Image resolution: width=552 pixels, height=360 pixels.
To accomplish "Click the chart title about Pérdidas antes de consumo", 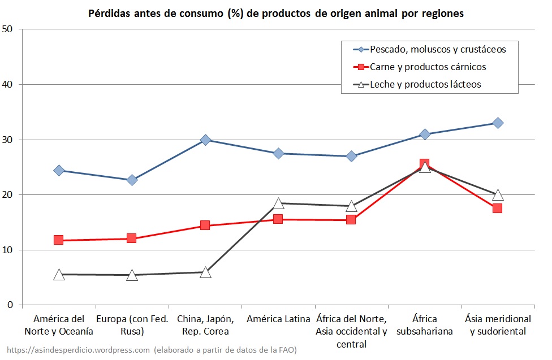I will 276,14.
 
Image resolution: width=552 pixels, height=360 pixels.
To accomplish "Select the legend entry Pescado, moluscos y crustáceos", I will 437,49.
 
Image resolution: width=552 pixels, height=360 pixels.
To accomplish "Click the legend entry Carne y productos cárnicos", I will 428,67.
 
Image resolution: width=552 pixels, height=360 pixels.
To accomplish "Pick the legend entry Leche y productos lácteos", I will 425,85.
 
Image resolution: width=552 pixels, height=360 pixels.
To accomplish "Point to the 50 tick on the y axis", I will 8,29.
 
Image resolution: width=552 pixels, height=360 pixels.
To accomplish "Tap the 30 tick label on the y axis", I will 8,140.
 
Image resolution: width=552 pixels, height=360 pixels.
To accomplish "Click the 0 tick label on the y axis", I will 11,305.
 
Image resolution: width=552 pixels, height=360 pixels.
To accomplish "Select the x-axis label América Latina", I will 278,319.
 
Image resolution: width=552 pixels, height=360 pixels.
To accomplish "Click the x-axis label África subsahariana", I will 425,325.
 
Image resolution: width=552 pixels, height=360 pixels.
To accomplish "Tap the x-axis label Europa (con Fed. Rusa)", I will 132,325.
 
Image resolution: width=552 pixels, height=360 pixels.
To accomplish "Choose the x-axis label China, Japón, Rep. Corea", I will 205,325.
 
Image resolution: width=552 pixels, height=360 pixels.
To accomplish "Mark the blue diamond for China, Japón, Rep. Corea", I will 205,140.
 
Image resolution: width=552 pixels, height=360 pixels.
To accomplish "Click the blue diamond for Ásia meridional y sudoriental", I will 498,123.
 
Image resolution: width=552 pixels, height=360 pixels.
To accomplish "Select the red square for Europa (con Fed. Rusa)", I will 132,238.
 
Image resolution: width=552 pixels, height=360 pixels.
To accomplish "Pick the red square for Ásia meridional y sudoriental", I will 498,208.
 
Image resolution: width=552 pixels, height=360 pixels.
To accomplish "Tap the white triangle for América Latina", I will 278,203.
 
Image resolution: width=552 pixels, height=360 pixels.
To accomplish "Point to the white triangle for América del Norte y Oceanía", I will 59,275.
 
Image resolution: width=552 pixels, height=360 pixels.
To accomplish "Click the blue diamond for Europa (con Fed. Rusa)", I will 132,180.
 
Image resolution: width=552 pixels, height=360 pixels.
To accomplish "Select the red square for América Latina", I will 278,219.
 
